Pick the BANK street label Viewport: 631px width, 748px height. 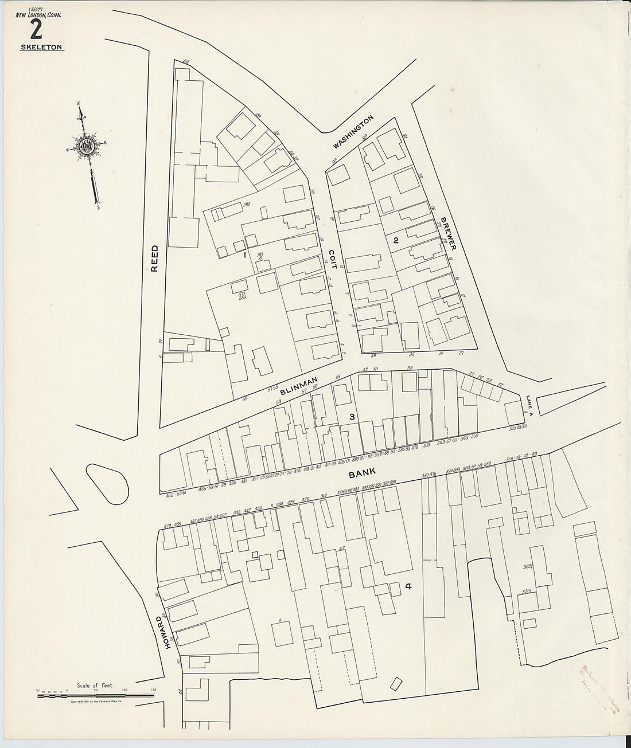[x=362, y=473]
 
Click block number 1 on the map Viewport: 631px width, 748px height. [x=245, y=254]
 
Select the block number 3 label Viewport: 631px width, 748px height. [x=352, y=416]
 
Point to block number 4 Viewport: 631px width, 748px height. [x=408, y=586]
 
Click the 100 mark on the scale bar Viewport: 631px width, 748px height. [x=125, y=690]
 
